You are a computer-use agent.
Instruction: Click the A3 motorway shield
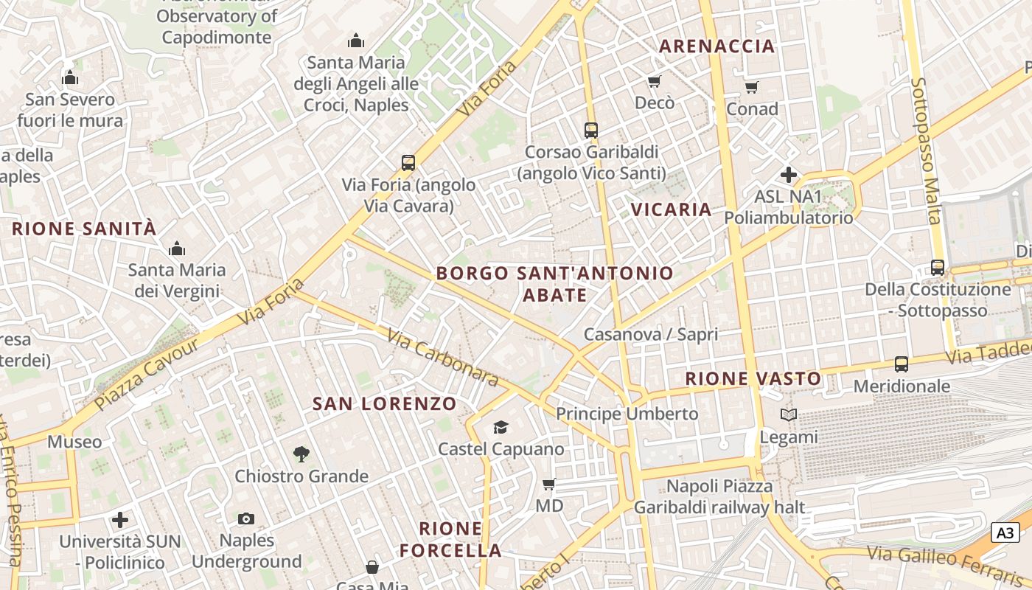pos(1005,532)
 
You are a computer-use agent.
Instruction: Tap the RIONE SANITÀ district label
pos(84,229)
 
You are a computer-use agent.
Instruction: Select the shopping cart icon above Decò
pos(654,81)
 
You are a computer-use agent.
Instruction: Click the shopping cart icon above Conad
pos(752,88)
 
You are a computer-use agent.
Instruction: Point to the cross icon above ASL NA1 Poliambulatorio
pos(789,175)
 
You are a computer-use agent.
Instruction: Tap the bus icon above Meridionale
pos(902,364)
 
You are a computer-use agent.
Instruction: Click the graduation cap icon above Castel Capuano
pos(501,427)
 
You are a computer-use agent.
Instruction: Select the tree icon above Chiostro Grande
pos(301,454)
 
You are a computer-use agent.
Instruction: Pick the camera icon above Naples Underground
pos(246,518)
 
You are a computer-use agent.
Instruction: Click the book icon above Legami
pos(789,415)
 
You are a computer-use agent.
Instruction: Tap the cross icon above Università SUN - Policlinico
pos(120,520)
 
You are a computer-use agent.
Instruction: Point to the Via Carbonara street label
pos(442,358)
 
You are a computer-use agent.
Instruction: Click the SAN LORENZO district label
pos(385,403)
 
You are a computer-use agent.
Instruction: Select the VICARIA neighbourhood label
pos(672,209)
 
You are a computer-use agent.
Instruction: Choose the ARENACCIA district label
pos(717,46)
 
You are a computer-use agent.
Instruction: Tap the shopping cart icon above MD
pos(548,485)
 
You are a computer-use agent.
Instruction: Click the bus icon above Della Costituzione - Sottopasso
pos(938,268)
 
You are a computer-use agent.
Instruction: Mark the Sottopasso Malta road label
pos(927,150)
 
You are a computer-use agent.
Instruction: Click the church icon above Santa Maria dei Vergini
pos(177,249)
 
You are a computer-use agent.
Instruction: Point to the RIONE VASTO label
pos(753,379)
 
